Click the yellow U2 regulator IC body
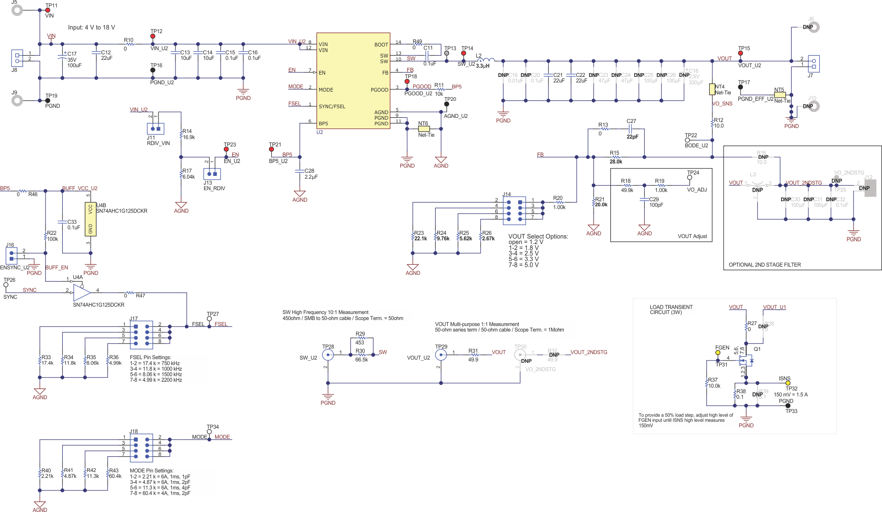[x=353, y=81]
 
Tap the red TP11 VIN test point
[x=47, y=10]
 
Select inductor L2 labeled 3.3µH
[x=486, y=60]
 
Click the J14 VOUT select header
[x=514, y=211]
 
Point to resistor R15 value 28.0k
[x=616, y=157]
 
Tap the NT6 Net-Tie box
[x=424, y=129]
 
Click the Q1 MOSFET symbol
[x=745, y=360]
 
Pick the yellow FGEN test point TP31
[x=718, y=353]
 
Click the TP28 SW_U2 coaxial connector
[x=328, y=355]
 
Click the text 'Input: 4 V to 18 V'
[x=91, y=28]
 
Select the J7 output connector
[x=813, y=63]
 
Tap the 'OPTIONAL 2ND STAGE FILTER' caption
[x=765, y=265]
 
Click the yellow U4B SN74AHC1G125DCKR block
[x=90, y=219]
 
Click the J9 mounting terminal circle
[x=17, y=100]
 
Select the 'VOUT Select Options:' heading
[x=538, y=237]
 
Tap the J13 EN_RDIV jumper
[x=212, y=174]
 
